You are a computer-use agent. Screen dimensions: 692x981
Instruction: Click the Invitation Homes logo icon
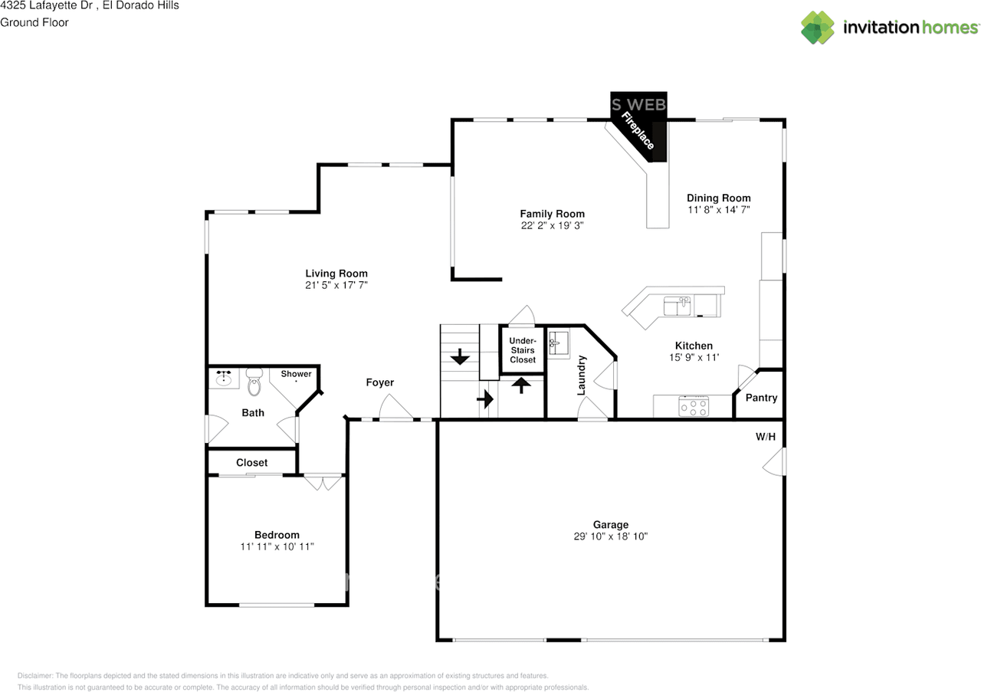click(818, 28)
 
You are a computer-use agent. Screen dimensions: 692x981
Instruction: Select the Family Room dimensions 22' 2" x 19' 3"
click(552, 226)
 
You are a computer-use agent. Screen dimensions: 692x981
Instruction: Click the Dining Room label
click(718, 198)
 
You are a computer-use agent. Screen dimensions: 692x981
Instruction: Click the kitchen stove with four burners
click(694, 406)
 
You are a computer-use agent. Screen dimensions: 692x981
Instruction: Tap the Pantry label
click(761, 398)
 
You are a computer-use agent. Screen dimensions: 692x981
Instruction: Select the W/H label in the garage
click(766, 437)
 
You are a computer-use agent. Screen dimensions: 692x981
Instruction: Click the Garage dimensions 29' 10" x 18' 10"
click(610, 536)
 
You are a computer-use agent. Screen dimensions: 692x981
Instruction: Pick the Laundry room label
click(582, 375)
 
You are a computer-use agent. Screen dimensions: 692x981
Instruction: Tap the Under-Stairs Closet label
click(523, 350)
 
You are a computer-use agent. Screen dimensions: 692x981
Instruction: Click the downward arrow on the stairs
click(460, 357)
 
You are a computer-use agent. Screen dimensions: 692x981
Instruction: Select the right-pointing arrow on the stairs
click(484, 399)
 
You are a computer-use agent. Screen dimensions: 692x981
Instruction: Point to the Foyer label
click(379, 382)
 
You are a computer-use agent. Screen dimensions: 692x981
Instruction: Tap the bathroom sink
click(225, 378)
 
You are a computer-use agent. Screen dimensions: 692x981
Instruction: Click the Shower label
click(296, 374)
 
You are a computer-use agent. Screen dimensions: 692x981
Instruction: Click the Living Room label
click(336, 274)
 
